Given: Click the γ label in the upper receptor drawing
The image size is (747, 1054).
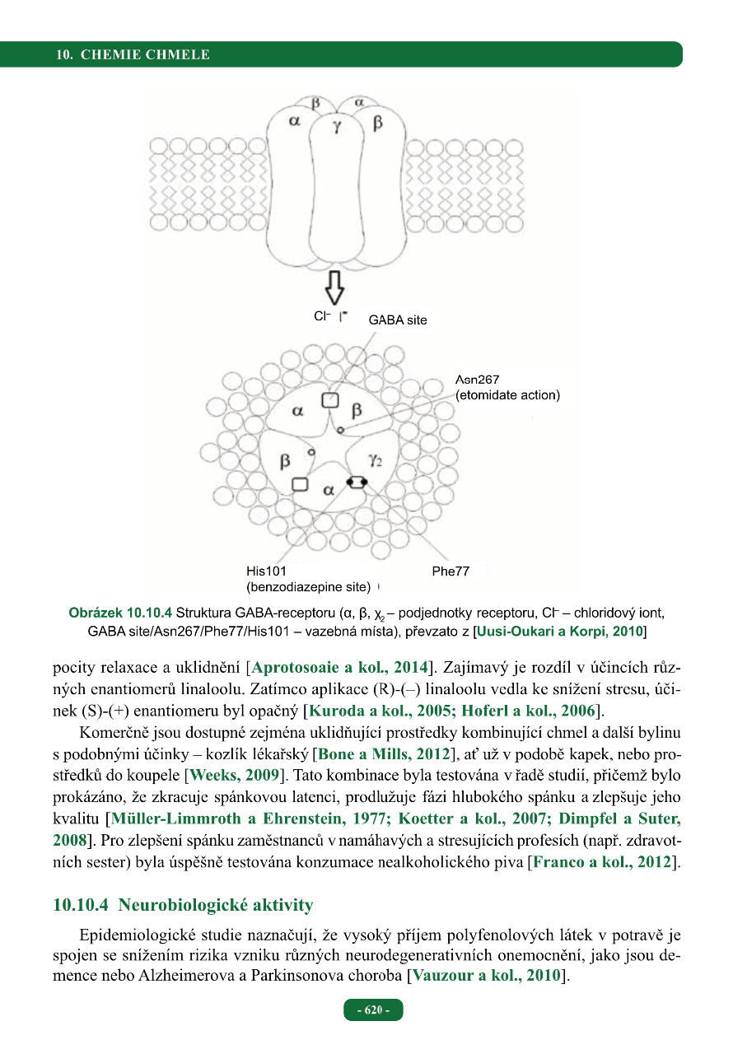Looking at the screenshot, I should click(337, 127).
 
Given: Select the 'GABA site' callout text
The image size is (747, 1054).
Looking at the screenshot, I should click(398, 320).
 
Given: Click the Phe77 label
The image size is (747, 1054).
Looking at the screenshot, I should click(451, 571).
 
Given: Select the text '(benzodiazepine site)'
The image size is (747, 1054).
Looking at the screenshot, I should click(310, 587).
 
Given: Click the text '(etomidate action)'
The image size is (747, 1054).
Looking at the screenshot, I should click(507, 395).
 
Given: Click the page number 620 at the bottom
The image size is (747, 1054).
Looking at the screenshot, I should click(373, 1010).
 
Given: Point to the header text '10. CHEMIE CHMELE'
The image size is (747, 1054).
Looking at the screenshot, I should click(133, 55).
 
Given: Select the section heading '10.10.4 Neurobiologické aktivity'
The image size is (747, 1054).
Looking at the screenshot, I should click(183, 906).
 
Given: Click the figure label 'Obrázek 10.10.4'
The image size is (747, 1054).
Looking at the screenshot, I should click(120, 613).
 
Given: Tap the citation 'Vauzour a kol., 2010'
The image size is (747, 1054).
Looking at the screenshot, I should click(486, 977).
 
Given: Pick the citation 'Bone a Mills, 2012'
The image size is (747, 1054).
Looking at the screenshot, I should click(382, 753).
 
